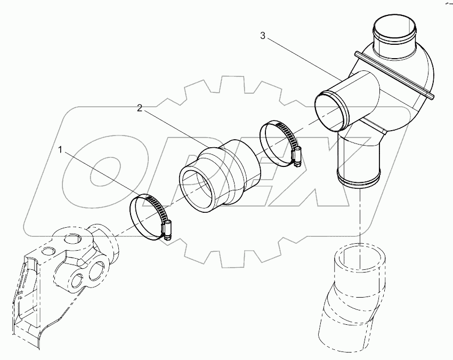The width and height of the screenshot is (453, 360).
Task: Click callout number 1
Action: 62,151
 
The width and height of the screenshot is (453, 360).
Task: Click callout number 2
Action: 140,108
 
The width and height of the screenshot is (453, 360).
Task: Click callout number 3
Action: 262,36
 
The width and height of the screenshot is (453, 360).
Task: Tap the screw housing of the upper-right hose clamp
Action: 296,156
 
